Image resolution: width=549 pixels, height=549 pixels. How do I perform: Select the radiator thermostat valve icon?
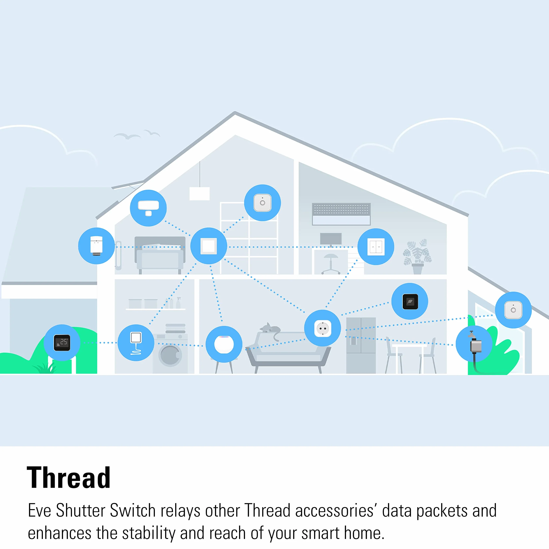[96, 246]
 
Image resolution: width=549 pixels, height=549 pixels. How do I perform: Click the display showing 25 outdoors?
[62, 343]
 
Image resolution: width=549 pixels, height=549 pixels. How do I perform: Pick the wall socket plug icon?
[323, 328]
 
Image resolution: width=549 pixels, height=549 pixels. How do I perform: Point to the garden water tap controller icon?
[474, 344]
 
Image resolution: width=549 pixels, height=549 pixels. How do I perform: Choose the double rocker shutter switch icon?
[376, 247]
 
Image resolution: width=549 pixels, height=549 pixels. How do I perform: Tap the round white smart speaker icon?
[224, 344]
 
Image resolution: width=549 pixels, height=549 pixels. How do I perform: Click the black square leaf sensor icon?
[410, 301]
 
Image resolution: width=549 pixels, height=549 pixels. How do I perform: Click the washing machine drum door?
[170, 355]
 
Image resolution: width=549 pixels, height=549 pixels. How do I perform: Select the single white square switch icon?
[209, 246]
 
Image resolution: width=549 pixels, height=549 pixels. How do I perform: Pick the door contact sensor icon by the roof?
[148, 208]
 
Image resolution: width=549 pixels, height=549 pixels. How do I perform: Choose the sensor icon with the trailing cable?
[136, 343]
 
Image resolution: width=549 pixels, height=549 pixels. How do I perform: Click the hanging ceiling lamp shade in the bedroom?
[199, 194]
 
